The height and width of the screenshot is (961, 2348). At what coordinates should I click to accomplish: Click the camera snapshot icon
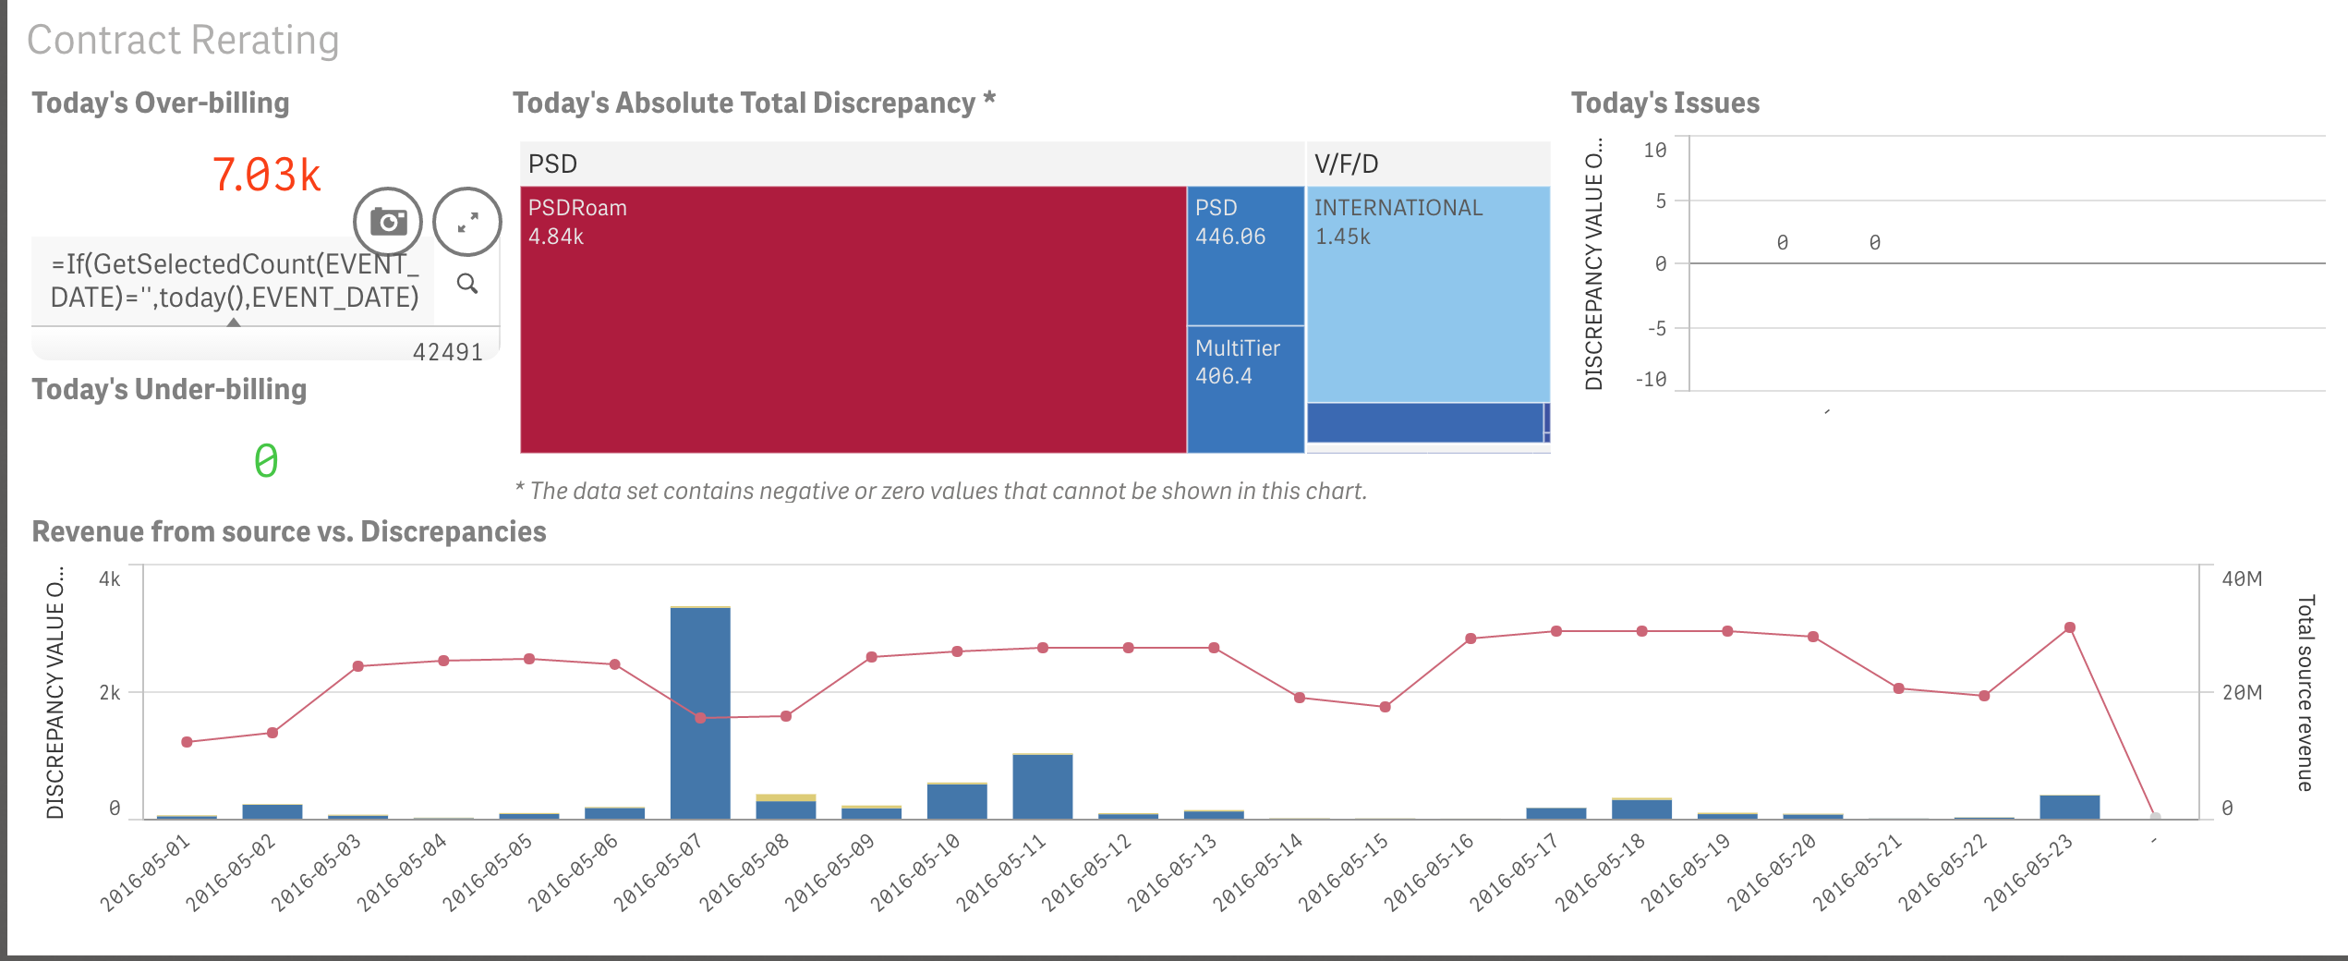pyautogui.click(x=388, y=222)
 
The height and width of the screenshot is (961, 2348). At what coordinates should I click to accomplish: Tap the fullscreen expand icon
pyautogui.click(x=467, y=222)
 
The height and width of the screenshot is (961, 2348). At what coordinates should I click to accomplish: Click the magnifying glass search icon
pyautogui.click(x=467, y=284)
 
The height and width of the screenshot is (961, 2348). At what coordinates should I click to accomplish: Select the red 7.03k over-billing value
pyautogui.click(x=266, y=175)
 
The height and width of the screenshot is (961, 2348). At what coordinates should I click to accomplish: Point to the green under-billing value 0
pyautogui.click(x=266, y=460)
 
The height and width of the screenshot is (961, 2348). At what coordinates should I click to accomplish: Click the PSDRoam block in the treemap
pyautogui.click(x=853, y=319)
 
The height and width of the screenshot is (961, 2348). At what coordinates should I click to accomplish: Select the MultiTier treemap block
pyautogui.click(x=1245, y=388)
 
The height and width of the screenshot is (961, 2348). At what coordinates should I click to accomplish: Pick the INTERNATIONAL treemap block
pyautogui.click(x=1428, y=294)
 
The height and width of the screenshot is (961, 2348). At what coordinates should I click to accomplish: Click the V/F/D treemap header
pyautogui.click(x=1347, y=164)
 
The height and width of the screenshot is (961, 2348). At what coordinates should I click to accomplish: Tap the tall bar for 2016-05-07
pyautogui.click(x=700, y=712)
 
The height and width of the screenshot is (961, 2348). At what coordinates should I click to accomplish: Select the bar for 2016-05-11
pyautogui.click(x=1042, y=785)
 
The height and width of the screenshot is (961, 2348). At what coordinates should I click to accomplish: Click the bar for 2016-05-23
pyautogui.click(x=2069, y=807)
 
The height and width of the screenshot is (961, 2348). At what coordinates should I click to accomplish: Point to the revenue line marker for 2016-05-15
pyautogui.click(x=1385, y=707)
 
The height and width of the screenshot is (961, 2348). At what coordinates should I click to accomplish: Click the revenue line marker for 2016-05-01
pyautogui.click(x=187, y=742)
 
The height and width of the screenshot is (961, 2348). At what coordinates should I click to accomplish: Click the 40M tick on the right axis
pyautogui.click(x=2242, y=579)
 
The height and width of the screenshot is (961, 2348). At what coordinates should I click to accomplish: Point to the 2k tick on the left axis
pyautogui.click(x=110, y=693)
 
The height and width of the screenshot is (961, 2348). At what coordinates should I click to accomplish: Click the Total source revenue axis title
pyautogui.click(x=2306, y=693)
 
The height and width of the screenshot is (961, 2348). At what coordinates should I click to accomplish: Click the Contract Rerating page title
pyautogui.click(x=183, y=41)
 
